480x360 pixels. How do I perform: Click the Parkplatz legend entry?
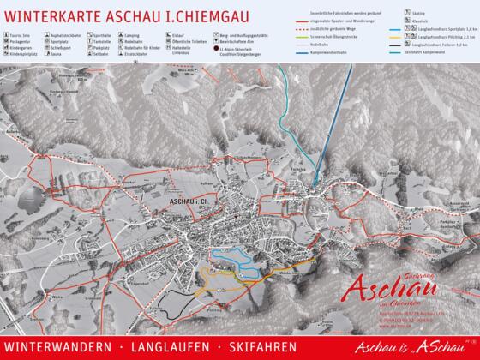point(106,47)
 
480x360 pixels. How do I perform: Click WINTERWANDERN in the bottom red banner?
point(57,346)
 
